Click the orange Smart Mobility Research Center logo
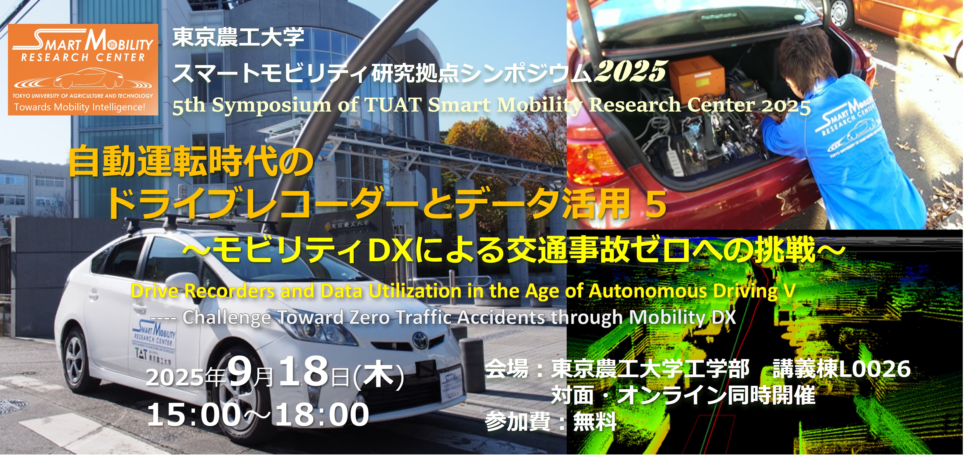pos(83,70)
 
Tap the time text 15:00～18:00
pos(258,414)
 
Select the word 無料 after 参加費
pos(595,421)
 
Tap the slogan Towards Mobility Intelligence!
pos(80,107)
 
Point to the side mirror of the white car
pos(179,284)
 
